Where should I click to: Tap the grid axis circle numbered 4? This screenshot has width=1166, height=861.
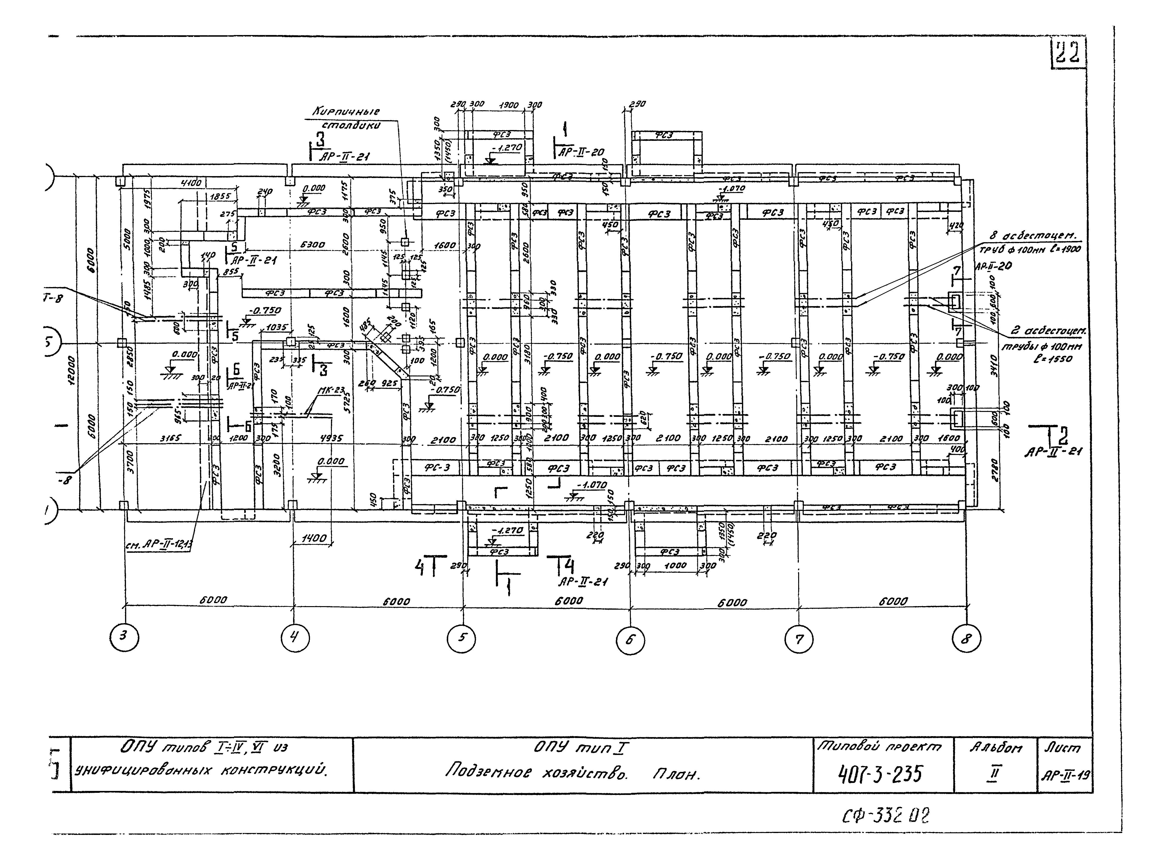click(x=295, y=637)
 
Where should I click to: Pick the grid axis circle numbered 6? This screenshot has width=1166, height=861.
click(x=630, y=640)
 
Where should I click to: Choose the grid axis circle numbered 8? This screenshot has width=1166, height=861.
click(x=966, y=638)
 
